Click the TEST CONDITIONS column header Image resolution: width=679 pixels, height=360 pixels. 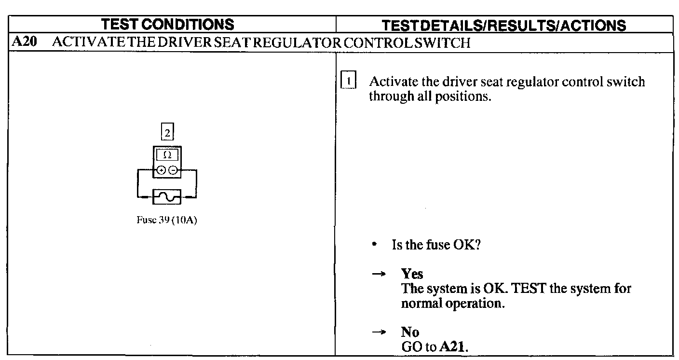tap(168, 24)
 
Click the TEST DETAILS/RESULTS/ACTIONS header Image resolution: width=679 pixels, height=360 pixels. tap(504, 26)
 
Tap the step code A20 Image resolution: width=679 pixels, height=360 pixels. tap(24, 42)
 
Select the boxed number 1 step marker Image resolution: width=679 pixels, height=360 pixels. tap(348, 80)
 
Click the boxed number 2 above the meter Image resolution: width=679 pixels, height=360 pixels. tap(167, 132)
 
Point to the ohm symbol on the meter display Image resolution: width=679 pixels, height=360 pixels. tap(167, 155)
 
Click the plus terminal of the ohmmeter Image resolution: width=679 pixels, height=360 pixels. tap(161, 170)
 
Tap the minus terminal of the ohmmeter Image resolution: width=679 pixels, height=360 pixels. tap(173, 170)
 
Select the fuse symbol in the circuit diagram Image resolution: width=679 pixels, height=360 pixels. tap(167, 197)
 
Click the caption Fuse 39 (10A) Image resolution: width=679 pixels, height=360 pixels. tap(167, 220)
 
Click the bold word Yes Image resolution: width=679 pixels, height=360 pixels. tap(412, 274)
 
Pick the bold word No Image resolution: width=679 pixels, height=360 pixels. tap(410, 332)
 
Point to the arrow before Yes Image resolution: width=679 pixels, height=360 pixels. tap(379, 274)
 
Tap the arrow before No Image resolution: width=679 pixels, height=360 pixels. tap(379, 332)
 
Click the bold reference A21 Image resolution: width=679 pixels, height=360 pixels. tap(452, 346)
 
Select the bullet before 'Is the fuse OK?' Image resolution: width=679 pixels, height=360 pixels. tap(375, 244)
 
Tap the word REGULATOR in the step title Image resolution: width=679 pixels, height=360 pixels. tap(297, 43)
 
